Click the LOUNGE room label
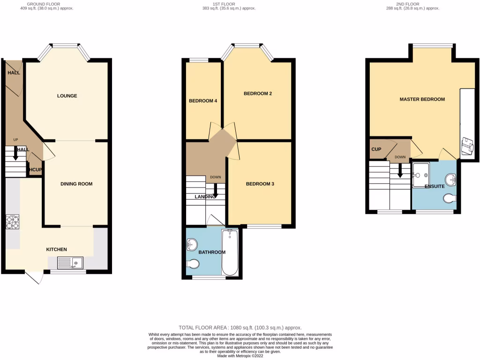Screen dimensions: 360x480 click(x=67, y=96)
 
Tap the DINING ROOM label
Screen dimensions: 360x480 click(x=76, y=184)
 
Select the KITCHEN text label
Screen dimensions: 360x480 click(x=56, y=249)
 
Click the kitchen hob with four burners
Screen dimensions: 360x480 click(x=13, y=222)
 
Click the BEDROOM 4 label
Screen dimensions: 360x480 click(x=202, y=101)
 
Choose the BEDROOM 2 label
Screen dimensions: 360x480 click(x=258, y=94)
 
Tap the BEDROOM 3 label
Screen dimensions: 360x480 click(x=260, y=184)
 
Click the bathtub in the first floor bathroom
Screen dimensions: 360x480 click(x=230, y=253)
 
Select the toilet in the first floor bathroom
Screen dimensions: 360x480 click(x=193, y=264)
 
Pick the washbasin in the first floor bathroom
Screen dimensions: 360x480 click(x=192, y=244)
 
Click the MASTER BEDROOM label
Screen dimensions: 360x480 click(x=422, y=99)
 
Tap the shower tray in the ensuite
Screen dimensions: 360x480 click(x=421, y=175)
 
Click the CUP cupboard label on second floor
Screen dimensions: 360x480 click(x=376, y=149)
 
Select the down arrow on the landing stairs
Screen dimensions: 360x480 click(x=215, y=189)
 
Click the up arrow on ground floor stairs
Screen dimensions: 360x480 click(x=15, y=153)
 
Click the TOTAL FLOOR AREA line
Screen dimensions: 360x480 click(x=240, y=327)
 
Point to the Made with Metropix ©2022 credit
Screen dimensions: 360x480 click(x=240, y=356)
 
